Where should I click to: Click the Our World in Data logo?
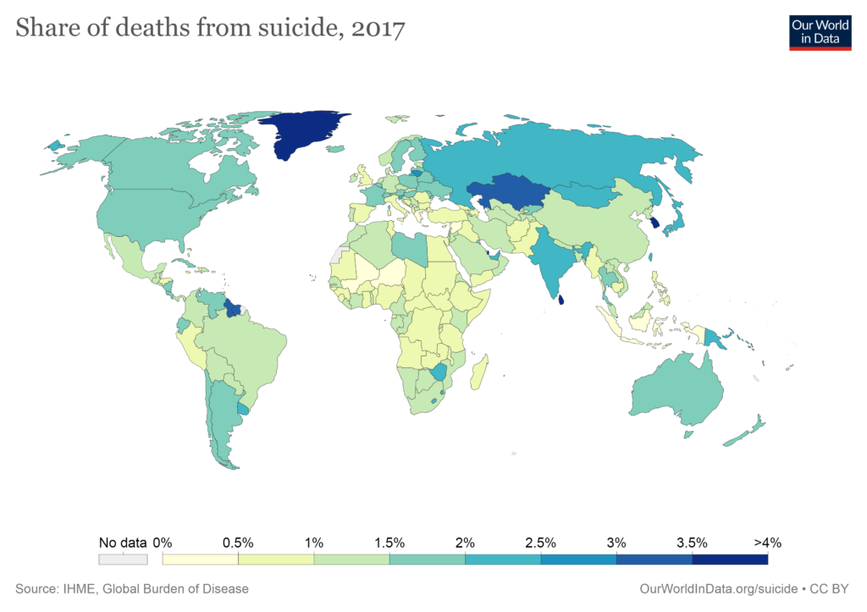(x=820, y=31)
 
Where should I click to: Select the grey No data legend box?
(x=123, y=559)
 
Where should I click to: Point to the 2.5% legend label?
(x=540, y=543)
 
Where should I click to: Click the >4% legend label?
(x=766, y=543)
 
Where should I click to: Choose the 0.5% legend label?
(x=239, y=543)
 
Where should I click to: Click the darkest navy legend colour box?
(x=730, y=559)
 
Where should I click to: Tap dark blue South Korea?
(x=654, y=222)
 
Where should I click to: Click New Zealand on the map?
(x=745, y=432)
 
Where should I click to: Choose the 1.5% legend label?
(x=389, y=543)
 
